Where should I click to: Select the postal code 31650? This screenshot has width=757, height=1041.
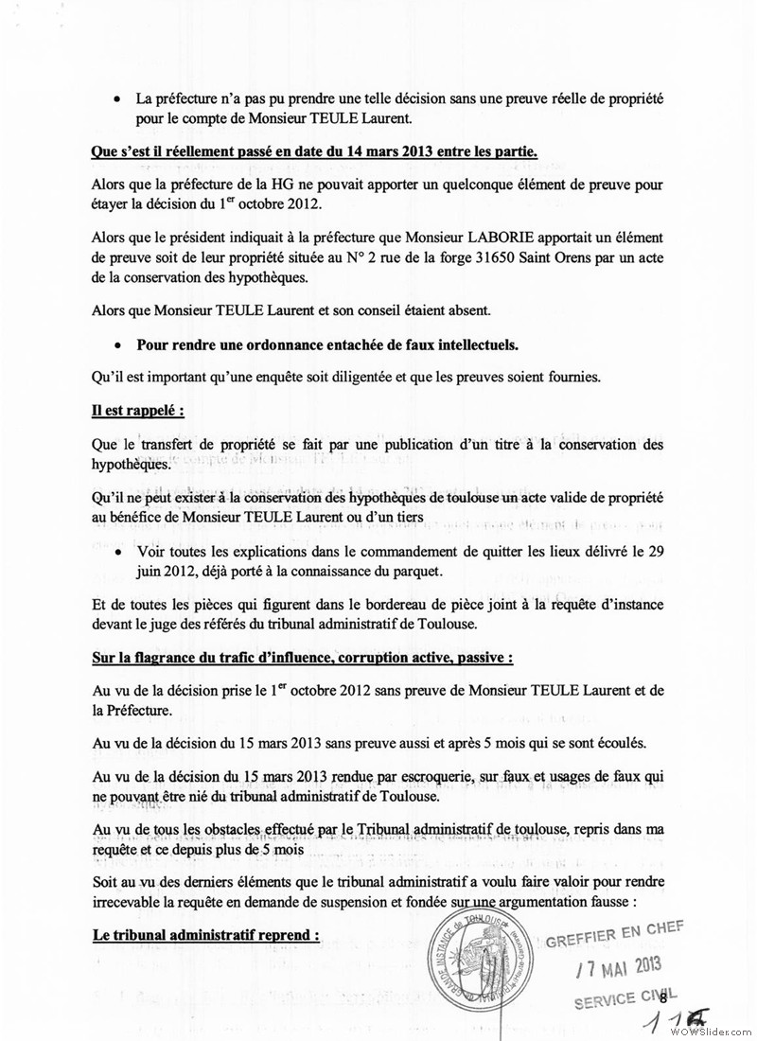[472, 262]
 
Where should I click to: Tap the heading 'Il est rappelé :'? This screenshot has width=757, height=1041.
[136, 412]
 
